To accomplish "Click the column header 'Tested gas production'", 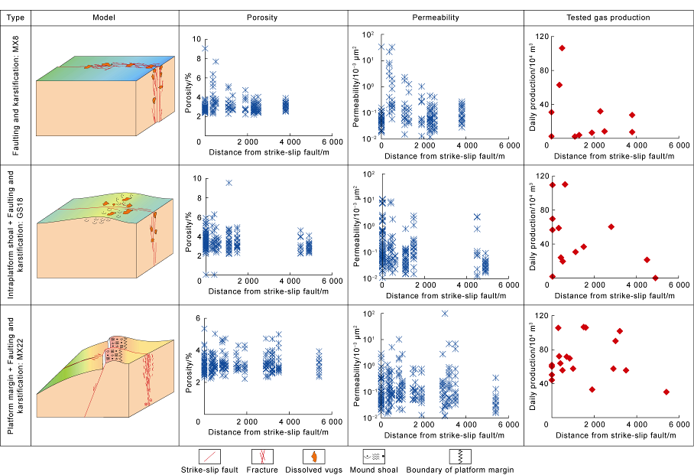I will pos(608,17).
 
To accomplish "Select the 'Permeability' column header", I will pos(436,17).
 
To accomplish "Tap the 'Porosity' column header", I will pos(262,17).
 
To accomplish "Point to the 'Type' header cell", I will pos(17,17).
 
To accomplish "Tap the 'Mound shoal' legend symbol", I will pos(371,456).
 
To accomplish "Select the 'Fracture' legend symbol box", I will pos(262,456).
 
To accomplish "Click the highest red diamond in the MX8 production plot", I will pos(562,48).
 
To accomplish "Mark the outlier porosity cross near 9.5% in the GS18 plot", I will pos(229,183).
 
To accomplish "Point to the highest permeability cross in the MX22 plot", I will pos(445,314).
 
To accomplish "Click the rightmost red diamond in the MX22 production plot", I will pos(666,392).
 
